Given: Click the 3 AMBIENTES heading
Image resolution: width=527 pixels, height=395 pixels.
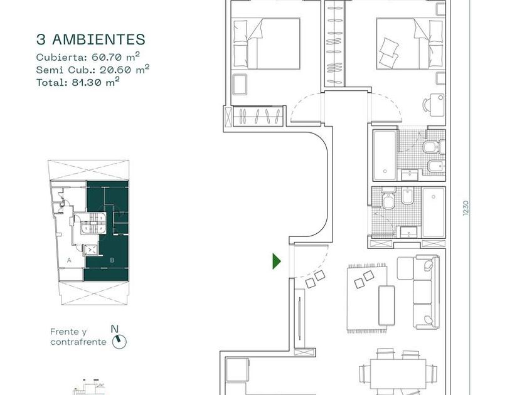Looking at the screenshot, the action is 91,39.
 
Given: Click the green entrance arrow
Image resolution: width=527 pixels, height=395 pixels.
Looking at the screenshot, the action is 276,261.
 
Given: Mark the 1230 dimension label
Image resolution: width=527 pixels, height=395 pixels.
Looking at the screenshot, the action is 465,208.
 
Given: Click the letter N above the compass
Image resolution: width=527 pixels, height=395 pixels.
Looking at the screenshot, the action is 115,329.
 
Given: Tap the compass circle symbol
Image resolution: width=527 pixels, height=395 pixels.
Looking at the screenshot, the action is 119,342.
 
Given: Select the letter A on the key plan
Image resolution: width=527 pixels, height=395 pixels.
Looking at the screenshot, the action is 69,260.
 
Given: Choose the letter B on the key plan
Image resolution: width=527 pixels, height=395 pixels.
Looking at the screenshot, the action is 112,260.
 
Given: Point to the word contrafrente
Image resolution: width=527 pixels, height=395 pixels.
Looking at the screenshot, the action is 78,342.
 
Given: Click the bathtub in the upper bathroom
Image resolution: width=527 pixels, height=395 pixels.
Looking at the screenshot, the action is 385,155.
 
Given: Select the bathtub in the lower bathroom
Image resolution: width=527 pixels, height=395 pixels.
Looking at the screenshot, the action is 434,213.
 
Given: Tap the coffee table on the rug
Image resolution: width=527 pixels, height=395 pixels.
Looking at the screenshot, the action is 386,305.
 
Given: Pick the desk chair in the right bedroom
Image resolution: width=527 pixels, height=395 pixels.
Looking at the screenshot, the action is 426,105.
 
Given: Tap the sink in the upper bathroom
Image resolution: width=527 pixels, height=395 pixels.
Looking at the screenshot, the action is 409,175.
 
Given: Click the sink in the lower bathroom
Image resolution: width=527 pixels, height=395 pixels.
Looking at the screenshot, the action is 408,232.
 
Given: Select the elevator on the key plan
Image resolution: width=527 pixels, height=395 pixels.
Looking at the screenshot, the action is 91,250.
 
